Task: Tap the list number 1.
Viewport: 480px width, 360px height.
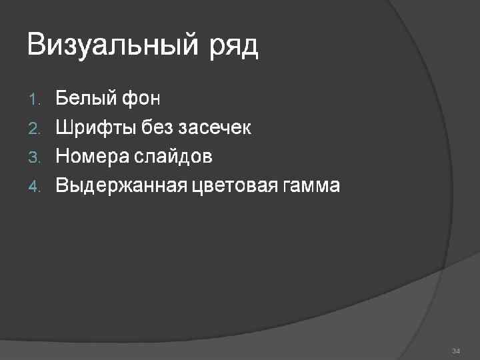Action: [x=35, y=100]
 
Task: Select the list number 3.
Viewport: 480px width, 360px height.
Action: [x=35, y=157]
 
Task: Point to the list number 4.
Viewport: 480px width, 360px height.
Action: [x=35, y=186]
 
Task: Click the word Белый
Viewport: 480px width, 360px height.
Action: [x=84, y=99]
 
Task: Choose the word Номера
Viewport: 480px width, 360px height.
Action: [x=93, y=157]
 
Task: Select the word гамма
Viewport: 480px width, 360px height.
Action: [x=312, y=185]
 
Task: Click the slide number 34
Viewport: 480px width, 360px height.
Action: [x=456, y=351]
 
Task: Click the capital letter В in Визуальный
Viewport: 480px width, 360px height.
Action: [x=37, y=45]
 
